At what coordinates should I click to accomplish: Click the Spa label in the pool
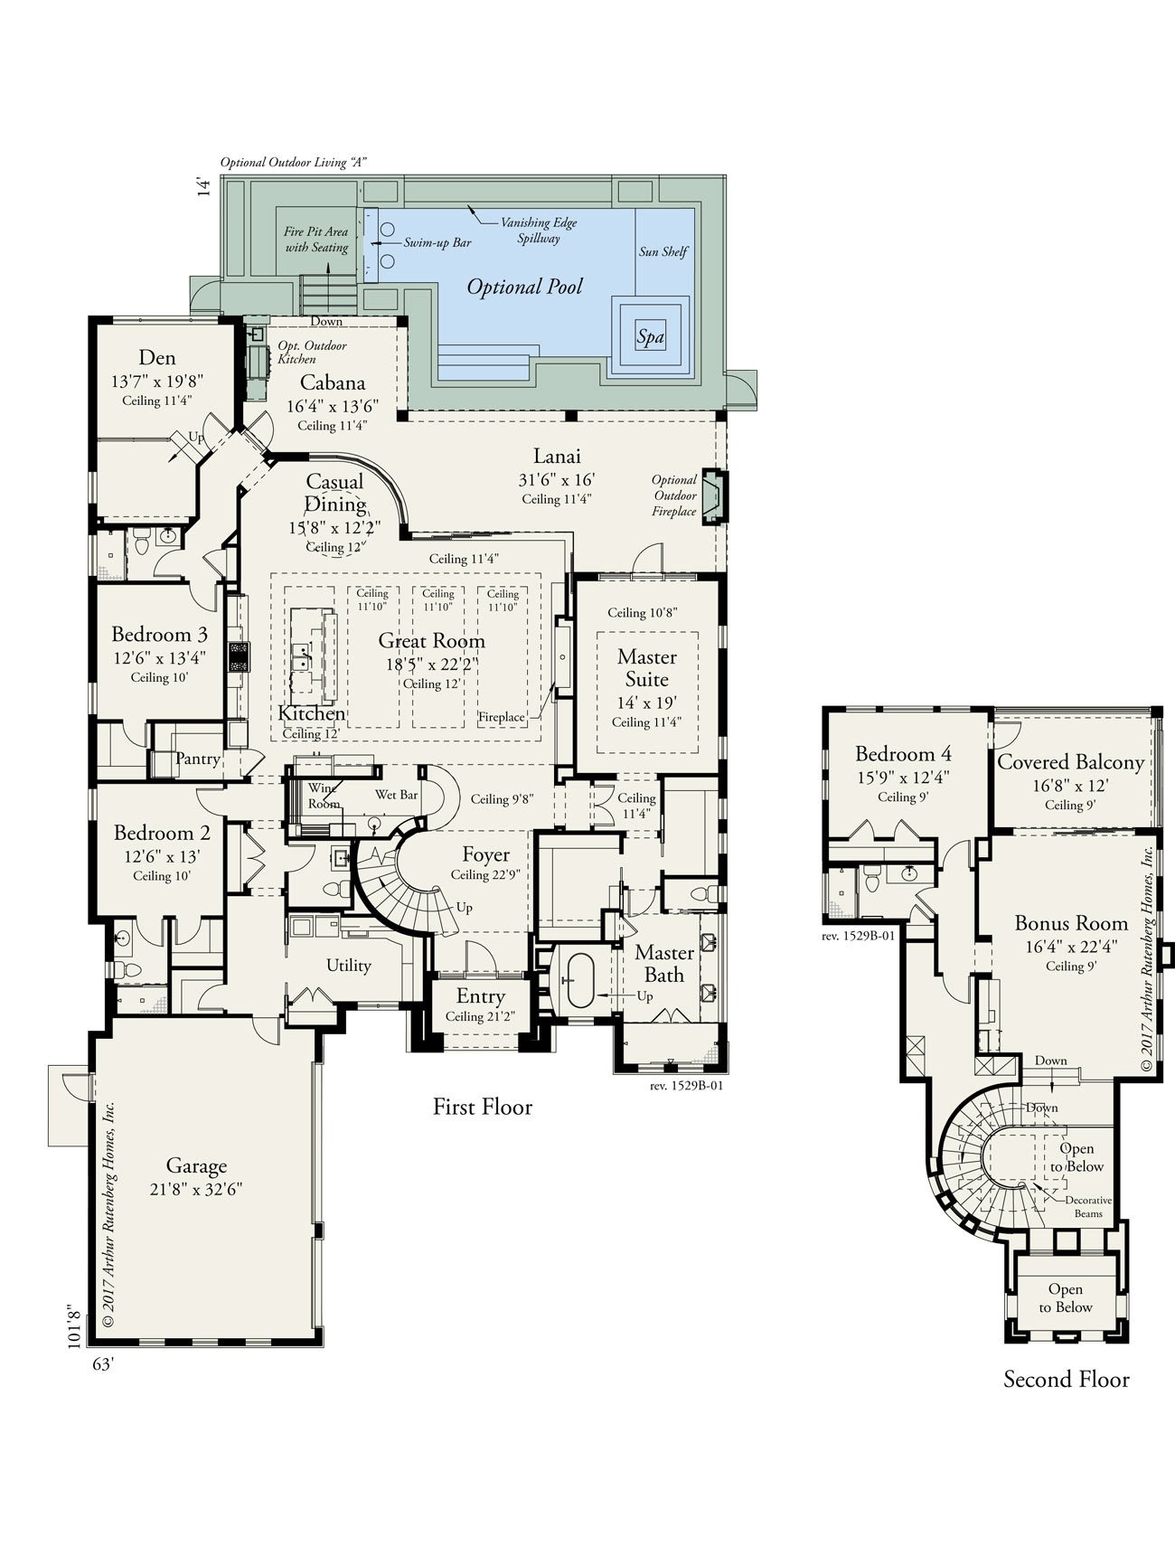(650, 337)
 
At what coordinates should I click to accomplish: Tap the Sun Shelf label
(663, 251)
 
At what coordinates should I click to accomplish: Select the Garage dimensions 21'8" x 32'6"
(196, 1188)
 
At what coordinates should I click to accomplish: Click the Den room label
(156, 358)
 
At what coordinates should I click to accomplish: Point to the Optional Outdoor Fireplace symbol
(715, 495)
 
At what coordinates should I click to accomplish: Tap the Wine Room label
(324, 796)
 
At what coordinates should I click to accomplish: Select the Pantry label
(198, 759)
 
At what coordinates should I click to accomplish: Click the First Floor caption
(482, 1107)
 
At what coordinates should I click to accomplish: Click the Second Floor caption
(1066, 1379)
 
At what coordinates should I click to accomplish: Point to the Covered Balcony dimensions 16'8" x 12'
(1070, 785)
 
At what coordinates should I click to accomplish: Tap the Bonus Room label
(1071, 923)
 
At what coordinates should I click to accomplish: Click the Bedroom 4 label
(903, 754)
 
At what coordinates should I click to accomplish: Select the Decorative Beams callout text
(1088, 1206)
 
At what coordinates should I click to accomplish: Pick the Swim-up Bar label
(437, 243)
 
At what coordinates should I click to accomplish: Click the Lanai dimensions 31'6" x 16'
(556, 479)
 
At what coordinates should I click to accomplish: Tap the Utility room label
(349, 966)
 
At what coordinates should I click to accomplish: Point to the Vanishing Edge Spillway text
(539, 231)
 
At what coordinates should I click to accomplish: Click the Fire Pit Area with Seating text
(316, 240)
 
